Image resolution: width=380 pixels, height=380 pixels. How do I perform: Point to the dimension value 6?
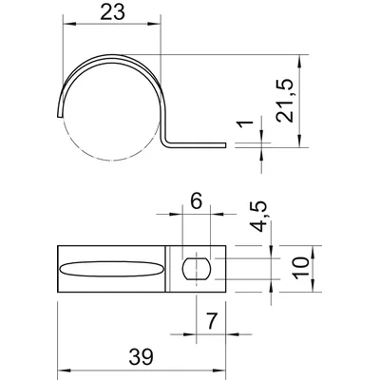(x=196, y=200)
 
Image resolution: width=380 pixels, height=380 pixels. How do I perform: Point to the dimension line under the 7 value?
(x=210, y=333)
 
